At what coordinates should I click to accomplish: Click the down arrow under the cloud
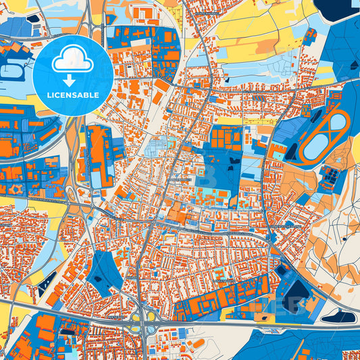[x=72, y=78]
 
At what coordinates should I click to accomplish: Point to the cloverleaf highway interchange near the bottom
[x=144, y=316]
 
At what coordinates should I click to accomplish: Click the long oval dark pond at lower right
[x=338, y=315]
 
